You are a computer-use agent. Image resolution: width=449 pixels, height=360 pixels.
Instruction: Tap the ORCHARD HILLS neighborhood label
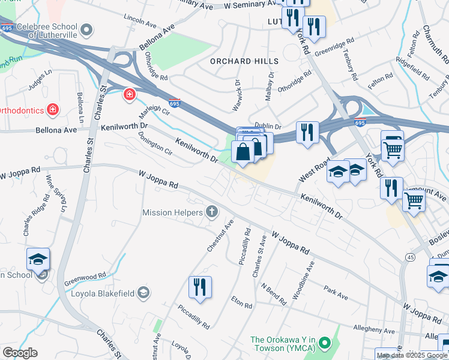tap(244, 61)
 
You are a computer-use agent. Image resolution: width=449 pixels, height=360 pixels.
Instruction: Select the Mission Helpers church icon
tap(211, 211)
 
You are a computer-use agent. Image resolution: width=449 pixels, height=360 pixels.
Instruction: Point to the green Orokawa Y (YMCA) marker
tap(325, 343)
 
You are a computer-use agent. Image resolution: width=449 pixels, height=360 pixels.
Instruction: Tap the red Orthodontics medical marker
tap(53, 110)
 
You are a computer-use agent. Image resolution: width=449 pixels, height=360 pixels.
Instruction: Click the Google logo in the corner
tap(20, 353)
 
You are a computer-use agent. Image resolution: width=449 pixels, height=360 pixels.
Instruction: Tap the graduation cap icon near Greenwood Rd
tap(38, 259)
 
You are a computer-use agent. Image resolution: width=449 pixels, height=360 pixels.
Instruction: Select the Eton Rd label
tap(242, 301)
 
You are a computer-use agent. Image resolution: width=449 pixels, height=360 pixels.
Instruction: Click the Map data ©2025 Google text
tap(412, 355)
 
